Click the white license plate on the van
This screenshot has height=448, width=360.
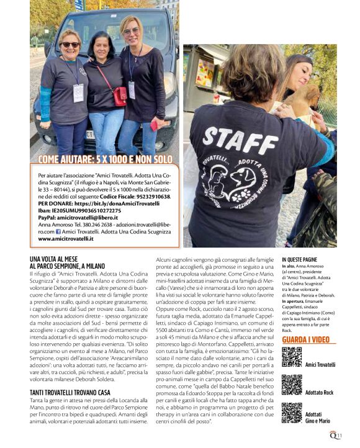click(x=91, y=134)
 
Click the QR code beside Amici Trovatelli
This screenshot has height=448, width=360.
click(x=292, y=357)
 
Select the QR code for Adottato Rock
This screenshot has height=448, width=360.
click(x=292, y=385)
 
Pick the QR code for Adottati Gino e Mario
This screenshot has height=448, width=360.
click(x=292, y=413)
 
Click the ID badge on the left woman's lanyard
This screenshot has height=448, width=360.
click(x=79, y=93)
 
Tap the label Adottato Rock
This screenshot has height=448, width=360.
click(x=320, y=392)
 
